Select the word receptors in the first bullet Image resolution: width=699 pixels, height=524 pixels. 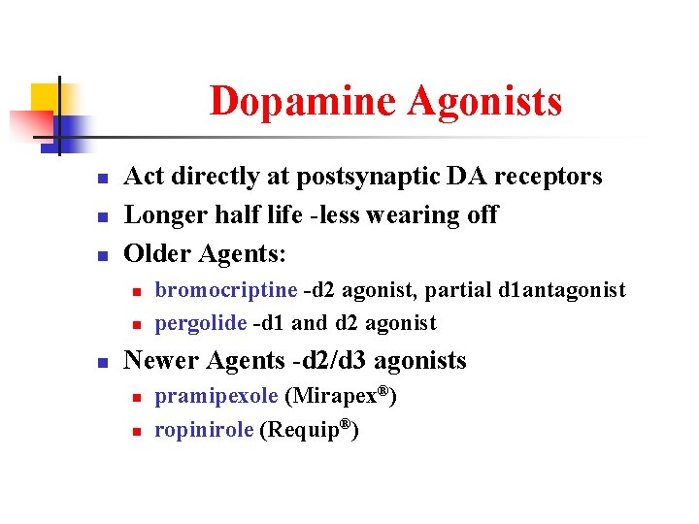pyautogui.click(x=546, y=177)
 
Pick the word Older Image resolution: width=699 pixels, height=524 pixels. pyautogui.click(x=158, y=253)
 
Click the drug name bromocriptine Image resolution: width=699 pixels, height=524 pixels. pyautogui.click(x=226, y=290)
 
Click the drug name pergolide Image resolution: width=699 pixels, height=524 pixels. pyautogui.click(x=201, y=323)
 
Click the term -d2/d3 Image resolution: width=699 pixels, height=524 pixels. pyautogui.click(x=329, y=361)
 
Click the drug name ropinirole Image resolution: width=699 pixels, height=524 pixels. pyautogui.click(x=205, y=430)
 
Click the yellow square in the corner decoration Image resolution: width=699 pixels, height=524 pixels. pyautogui.click(x=45, y=96)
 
